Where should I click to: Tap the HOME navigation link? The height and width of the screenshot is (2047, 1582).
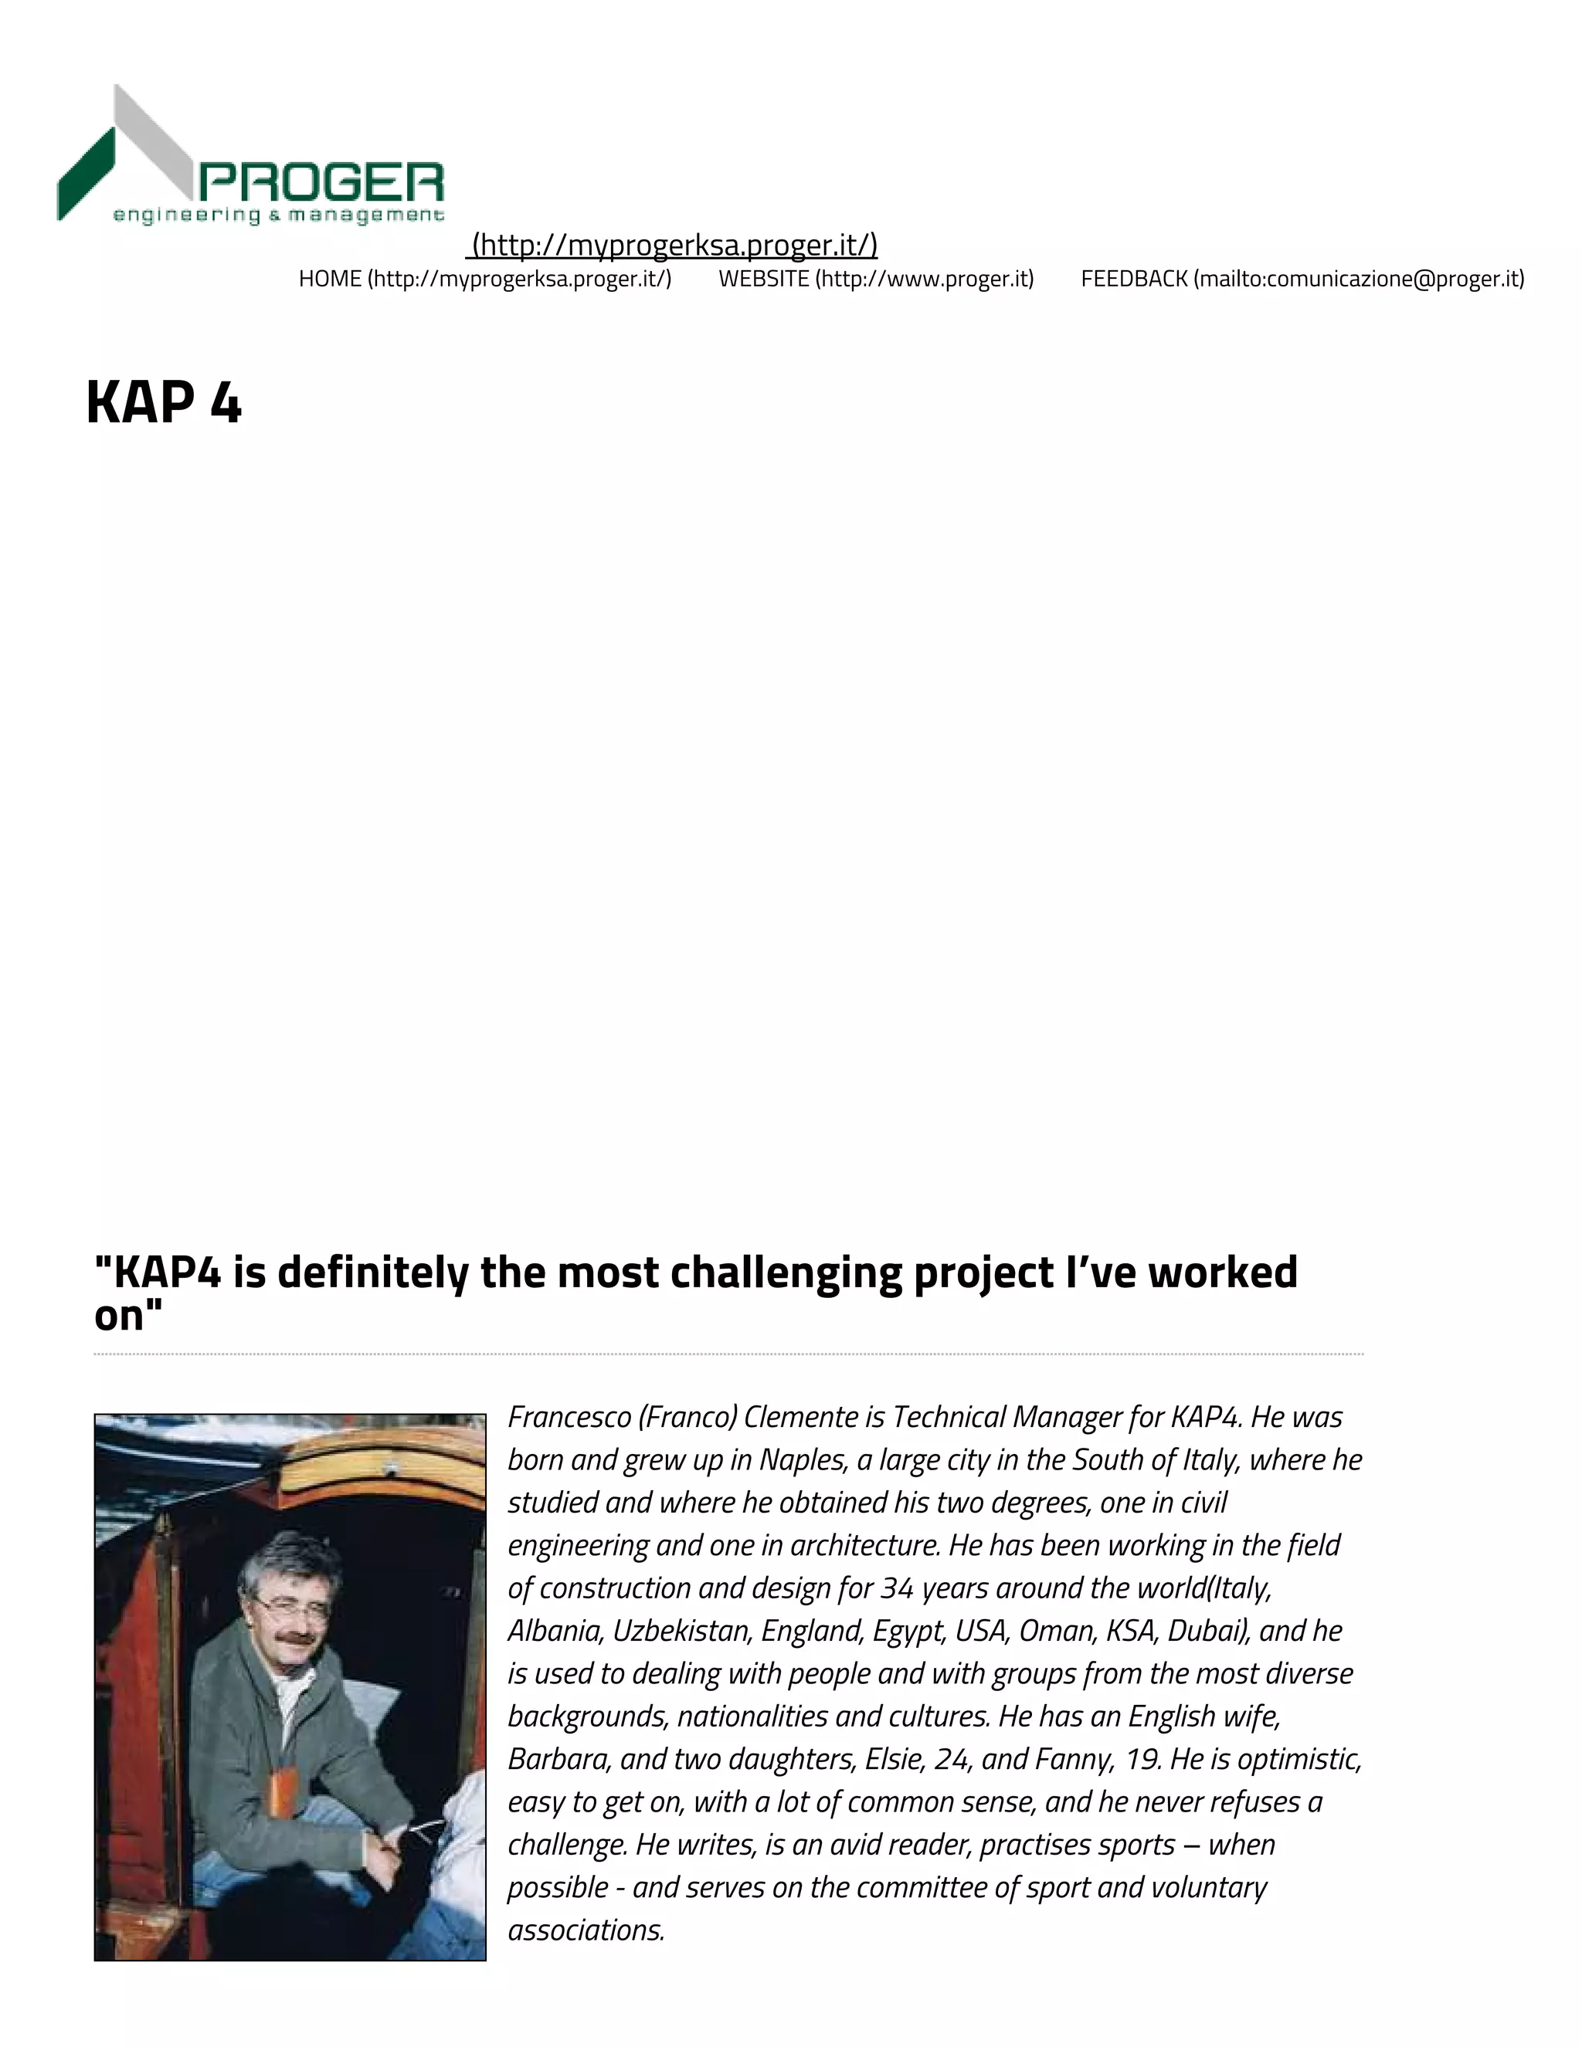click(x=485, y=279)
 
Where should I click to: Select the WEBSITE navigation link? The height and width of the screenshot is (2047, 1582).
click(x=876, y=279)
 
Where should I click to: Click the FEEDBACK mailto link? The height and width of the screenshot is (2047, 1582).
click(x=1302, y=279)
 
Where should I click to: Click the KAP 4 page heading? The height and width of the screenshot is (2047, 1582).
click(x=164, y=403)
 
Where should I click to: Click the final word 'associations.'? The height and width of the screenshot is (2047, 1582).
click(x=586, y=1930)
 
